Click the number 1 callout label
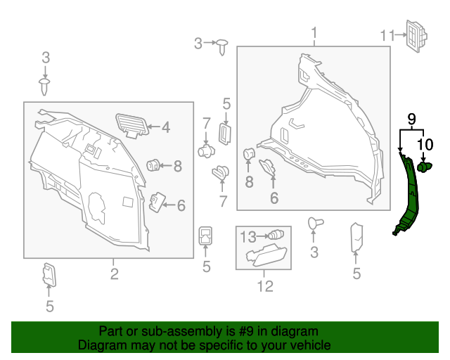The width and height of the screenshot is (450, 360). coord(314,32)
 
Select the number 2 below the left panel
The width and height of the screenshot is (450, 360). coord(113,273)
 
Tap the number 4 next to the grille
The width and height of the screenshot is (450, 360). coord(166,128)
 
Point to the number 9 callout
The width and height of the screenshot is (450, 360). coord(412,118)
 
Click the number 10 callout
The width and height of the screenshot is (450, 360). coord(425,146)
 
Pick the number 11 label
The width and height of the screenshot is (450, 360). coord(388,35)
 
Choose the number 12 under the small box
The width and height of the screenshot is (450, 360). coord(264,286)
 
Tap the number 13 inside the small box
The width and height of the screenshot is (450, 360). coord(249,236)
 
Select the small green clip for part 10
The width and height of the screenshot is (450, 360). coord(424,167)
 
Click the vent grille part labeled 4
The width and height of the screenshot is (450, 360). coord(132,122)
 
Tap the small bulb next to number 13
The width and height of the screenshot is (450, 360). coord(276,235)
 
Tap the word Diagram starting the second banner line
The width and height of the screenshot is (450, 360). coord(102,345)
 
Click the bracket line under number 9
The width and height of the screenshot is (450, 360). coord(411,130)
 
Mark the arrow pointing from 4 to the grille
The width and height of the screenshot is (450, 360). coord(154,128)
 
